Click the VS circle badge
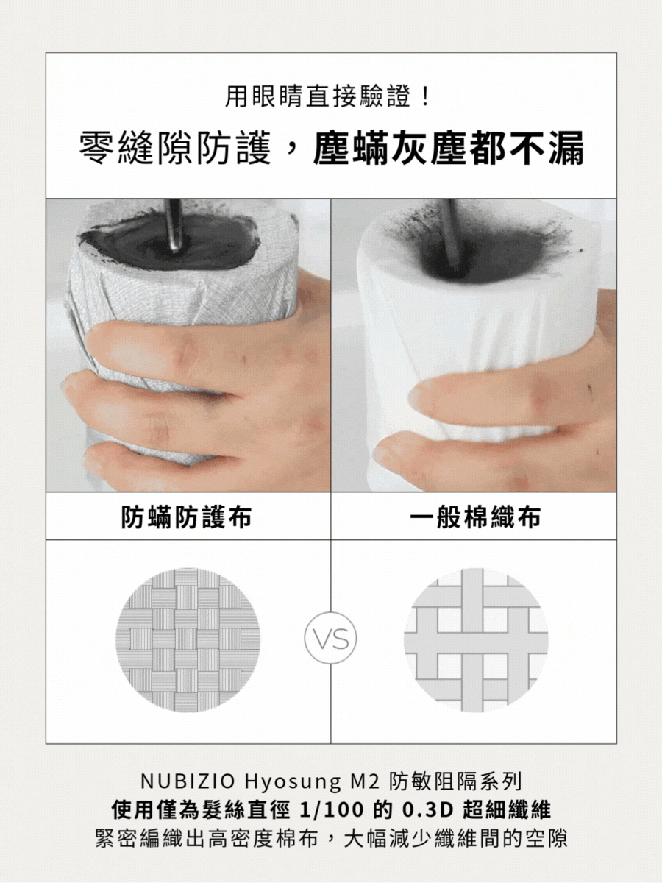(330, 638)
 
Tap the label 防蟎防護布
(187, 517)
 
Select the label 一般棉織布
(475, 517)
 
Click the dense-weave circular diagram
(188, 639)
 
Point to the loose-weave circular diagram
(476, 639)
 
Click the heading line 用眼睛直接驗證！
(330, 97)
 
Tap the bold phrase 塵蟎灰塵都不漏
(449, 149)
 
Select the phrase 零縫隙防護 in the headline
(175, 149)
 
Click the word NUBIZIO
(188, 782)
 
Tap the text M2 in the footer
(363, 782)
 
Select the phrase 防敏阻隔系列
(455, 782)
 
